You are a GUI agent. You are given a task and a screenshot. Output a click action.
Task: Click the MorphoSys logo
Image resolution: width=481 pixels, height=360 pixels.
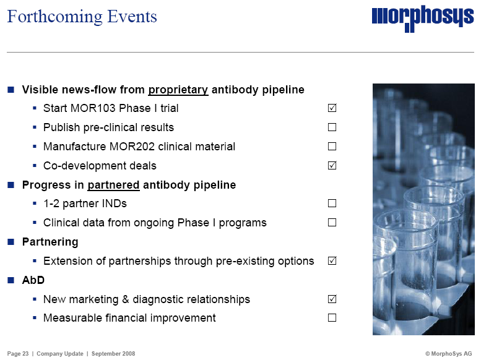pos(423,18)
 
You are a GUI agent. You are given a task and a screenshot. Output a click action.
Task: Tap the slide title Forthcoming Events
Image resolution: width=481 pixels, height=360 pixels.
pos(82,17)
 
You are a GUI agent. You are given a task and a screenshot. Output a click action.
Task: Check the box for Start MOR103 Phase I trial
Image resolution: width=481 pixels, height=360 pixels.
pos(332,108)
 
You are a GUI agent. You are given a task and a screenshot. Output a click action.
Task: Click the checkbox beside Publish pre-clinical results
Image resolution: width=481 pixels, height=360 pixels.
pos(332,127)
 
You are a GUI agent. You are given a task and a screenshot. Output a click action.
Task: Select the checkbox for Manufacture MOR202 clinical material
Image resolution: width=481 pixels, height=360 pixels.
pos(332,146)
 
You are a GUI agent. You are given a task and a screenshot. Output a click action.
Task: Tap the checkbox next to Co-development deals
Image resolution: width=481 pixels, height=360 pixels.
pos(332,165)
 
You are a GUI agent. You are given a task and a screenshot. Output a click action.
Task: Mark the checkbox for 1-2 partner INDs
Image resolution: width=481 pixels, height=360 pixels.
pos(332,204)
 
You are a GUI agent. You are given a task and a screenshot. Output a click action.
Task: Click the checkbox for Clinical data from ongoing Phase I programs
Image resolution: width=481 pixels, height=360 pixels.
pos(332,222)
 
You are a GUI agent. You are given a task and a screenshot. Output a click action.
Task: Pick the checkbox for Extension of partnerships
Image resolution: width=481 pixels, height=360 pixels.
pos(332,260)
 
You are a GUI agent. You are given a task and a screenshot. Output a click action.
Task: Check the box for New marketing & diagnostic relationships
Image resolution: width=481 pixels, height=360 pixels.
pos(332,299)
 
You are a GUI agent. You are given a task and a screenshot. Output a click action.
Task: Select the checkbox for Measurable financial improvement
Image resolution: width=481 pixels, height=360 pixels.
pos(332,318)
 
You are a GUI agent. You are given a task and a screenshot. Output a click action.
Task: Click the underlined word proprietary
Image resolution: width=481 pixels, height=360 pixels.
pos(178,90)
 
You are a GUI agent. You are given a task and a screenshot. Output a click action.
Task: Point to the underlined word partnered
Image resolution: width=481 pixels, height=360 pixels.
pos(113,185)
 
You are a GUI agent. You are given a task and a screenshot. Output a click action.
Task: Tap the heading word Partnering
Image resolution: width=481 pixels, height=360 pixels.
pos(50,242)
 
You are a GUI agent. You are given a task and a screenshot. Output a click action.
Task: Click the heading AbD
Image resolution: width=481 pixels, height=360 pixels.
pos(33,280)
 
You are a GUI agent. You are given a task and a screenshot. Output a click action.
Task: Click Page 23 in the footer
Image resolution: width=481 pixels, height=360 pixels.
pos(18,354)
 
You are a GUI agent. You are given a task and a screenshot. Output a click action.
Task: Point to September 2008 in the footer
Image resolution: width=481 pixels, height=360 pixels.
pos(113,354)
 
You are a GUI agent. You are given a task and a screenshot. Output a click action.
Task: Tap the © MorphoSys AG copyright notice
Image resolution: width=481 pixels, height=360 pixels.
pos(448,354)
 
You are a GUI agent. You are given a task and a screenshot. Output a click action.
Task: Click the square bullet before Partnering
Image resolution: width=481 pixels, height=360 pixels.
pos(11,242)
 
